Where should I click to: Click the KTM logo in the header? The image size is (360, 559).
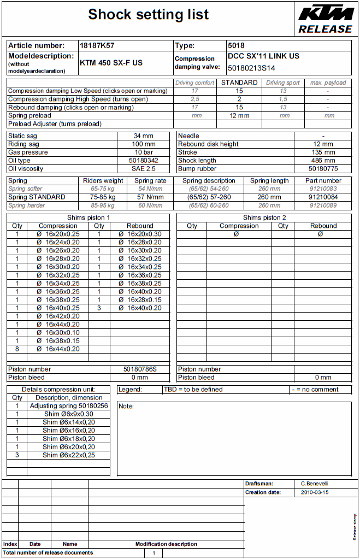coord(325,13)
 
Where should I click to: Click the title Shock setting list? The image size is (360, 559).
coord(149,15)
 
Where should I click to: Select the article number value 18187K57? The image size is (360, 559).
coord(97,46)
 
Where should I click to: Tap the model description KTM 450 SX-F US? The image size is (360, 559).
coord(111,63)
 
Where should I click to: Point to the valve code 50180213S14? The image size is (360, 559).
coord(251,68)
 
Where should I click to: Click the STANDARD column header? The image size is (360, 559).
coord(239,83)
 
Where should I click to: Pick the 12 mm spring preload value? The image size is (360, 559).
coord(239,116)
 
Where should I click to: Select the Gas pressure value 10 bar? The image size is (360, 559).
coord(143,152)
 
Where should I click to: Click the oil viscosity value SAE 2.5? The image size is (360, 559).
coord(143,169)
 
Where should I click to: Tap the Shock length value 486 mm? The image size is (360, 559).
coord(323,161)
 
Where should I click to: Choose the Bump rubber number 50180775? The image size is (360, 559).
coord(323,169)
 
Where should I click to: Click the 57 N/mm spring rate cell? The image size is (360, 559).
coord(150,197)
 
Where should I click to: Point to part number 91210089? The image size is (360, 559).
coord(323,205)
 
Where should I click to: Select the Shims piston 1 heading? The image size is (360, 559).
coord(88,217)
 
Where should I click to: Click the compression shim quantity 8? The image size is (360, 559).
coord(17,349)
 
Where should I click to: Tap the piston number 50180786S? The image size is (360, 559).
coord(140,369)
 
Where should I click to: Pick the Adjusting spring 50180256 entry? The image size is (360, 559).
coord(69,406)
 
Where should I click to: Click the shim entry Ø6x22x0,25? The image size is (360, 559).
coord(69,455)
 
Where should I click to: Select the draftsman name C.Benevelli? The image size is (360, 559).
coord(315,484)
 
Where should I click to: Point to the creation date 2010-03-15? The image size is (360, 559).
coord(315,492)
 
